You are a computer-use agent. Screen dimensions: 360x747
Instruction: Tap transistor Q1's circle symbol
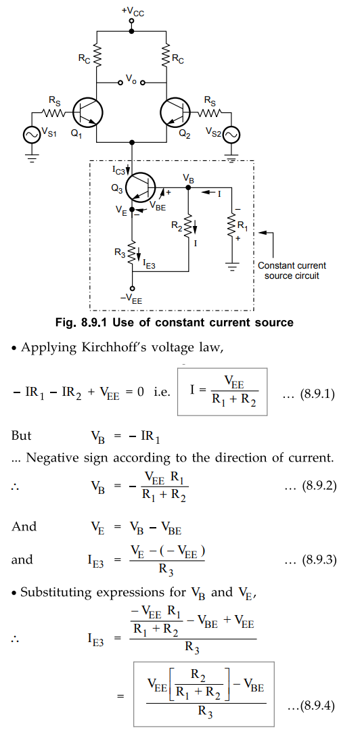coord(88,114)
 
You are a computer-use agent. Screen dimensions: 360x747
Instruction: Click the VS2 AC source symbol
coord(232,136)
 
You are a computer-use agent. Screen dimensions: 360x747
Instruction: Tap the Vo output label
coord(131,78)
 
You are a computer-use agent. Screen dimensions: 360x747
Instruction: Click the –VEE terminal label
coord(132,300)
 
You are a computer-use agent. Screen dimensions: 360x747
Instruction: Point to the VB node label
coord(188,178)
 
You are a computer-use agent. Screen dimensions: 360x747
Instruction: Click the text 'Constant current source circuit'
coord(292,271)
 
